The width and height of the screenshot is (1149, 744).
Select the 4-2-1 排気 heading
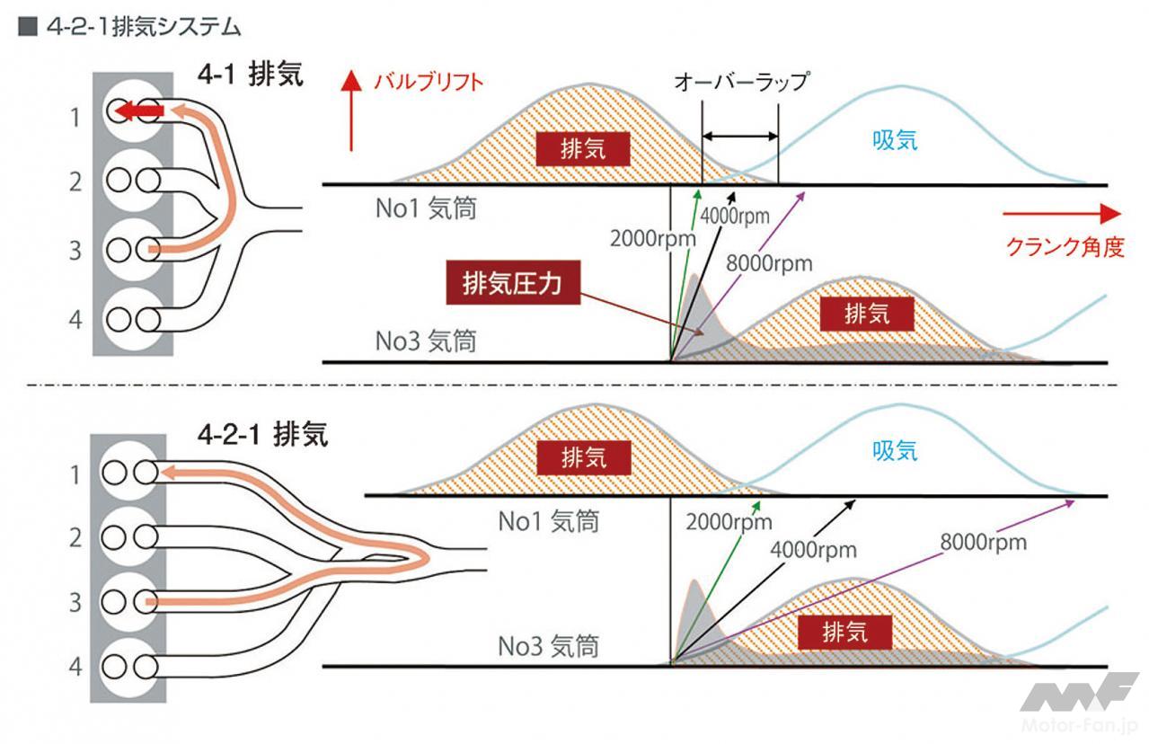click(x=263, y=435)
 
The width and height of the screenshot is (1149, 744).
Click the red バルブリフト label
click(x=429, y=82)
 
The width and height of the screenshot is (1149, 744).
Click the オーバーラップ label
click(x=741, y=82)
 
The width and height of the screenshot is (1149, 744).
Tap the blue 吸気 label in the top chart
click(x=895, y=139)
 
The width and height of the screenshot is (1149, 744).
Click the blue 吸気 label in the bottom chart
click(x=895, y=451)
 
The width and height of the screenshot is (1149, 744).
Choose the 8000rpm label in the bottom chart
click(x=983, y=542)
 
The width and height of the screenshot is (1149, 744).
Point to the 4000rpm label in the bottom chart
click(x=814, y=549)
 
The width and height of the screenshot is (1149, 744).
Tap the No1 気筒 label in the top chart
click(x=425, y=209)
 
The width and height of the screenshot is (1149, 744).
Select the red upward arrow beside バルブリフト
click(x=351, y=111)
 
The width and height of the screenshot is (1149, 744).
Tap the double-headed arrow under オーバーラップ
click(x=739, y=137)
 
